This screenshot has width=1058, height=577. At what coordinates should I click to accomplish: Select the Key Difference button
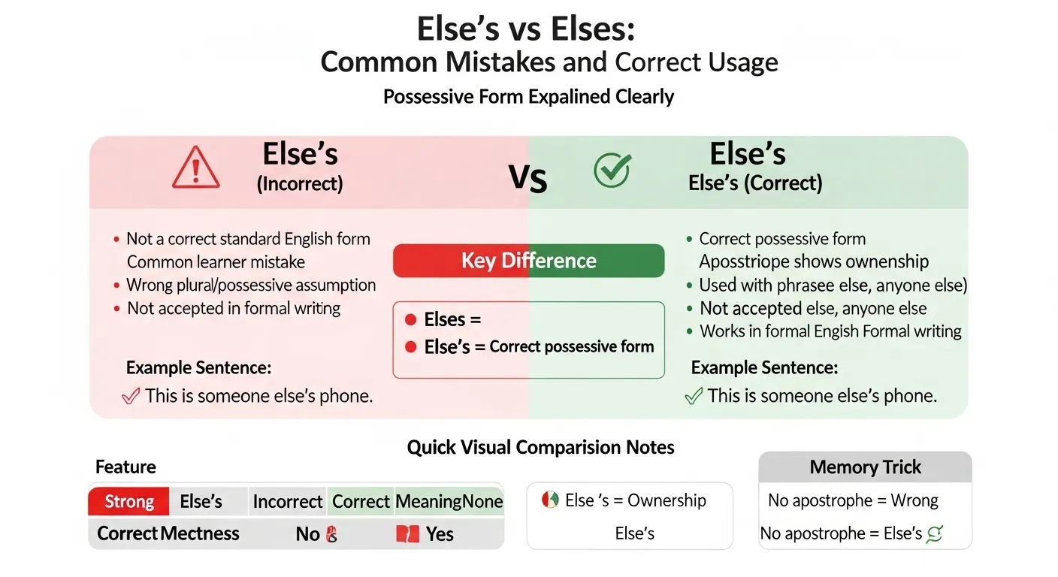click(528, 261)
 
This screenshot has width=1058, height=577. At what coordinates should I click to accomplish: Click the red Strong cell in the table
click(129, 502)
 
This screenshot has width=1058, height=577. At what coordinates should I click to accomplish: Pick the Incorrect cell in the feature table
click(288, 502)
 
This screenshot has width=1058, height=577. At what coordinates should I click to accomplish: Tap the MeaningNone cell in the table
click(449, 502)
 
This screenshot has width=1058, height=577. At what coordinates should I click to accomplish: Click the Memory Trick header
click(865, 467)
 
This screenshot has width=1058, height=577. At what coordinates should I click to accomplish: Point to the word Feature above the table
click(125, 467)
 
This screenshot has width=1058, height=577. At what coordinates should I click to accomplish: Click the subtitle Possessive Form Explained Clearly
click(528, 97)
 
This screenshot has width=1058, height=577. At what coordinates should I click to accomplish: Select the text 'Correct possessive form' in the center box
click(572, 347)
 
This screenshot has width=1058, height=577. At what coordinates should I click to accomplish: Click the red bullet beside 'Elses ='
click(410, 320)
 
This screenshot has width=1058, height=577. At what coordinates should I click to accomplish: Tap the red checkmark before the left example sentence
click(131, 396)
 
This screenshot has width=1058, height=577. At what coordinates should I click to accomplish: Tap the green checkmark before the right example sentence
click(694, 396)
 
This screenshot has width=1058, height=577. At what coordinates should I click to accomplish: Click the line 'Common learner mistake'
click(216, 262)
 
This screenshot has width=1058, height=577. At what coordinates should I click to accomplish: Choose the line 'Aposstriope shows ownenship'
click(814, 262)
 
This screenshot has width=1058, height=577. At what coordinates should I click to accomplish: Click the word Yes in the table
click(440, 534)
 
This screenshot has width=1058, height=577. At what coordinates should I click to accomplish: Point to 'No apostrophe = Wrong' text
click(853, 500)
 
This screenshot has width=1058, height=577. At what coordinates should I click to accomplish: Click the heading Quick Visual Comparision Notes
click(540, 448)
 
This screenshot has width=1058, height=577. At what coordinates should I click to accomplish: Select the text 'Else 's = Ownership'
click(635, 501)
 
